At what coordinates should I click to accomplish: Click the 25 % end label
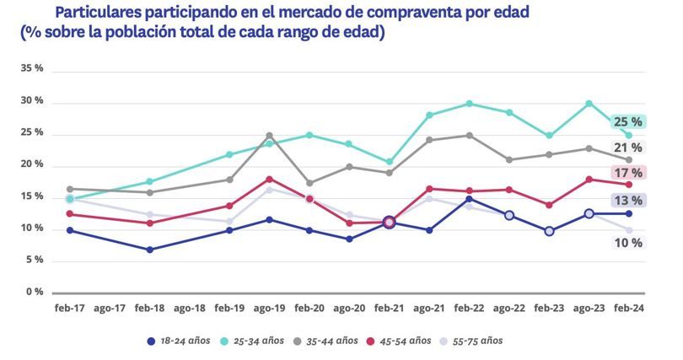coord(627,121)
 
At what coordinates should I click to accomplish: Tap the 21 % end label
coord(627,148)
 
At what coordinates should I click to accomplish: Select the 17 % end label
coord(627,173)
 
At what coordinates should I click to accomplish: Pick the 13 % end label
coord(627,201)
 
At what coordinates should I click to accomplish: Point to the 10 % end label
coord(627,243)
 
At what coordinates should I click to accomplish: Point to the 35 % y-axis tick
coord(33,68)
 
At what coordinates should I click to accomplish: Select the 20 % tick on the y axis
coord(33,164)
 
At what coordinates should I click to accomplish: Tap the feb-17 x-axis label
coord(70,309)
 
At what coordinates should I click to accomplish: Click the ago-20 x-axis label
coord(348,309)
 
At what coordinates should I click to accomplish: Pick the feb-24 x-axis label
coord(628,309)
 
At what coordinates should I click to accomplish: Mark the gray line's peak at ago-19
coord(269,135)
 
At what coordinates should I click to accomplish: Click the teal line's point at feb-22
coord(470,104)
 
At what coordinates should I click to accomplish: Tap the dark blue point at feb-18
coord(149,250)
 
